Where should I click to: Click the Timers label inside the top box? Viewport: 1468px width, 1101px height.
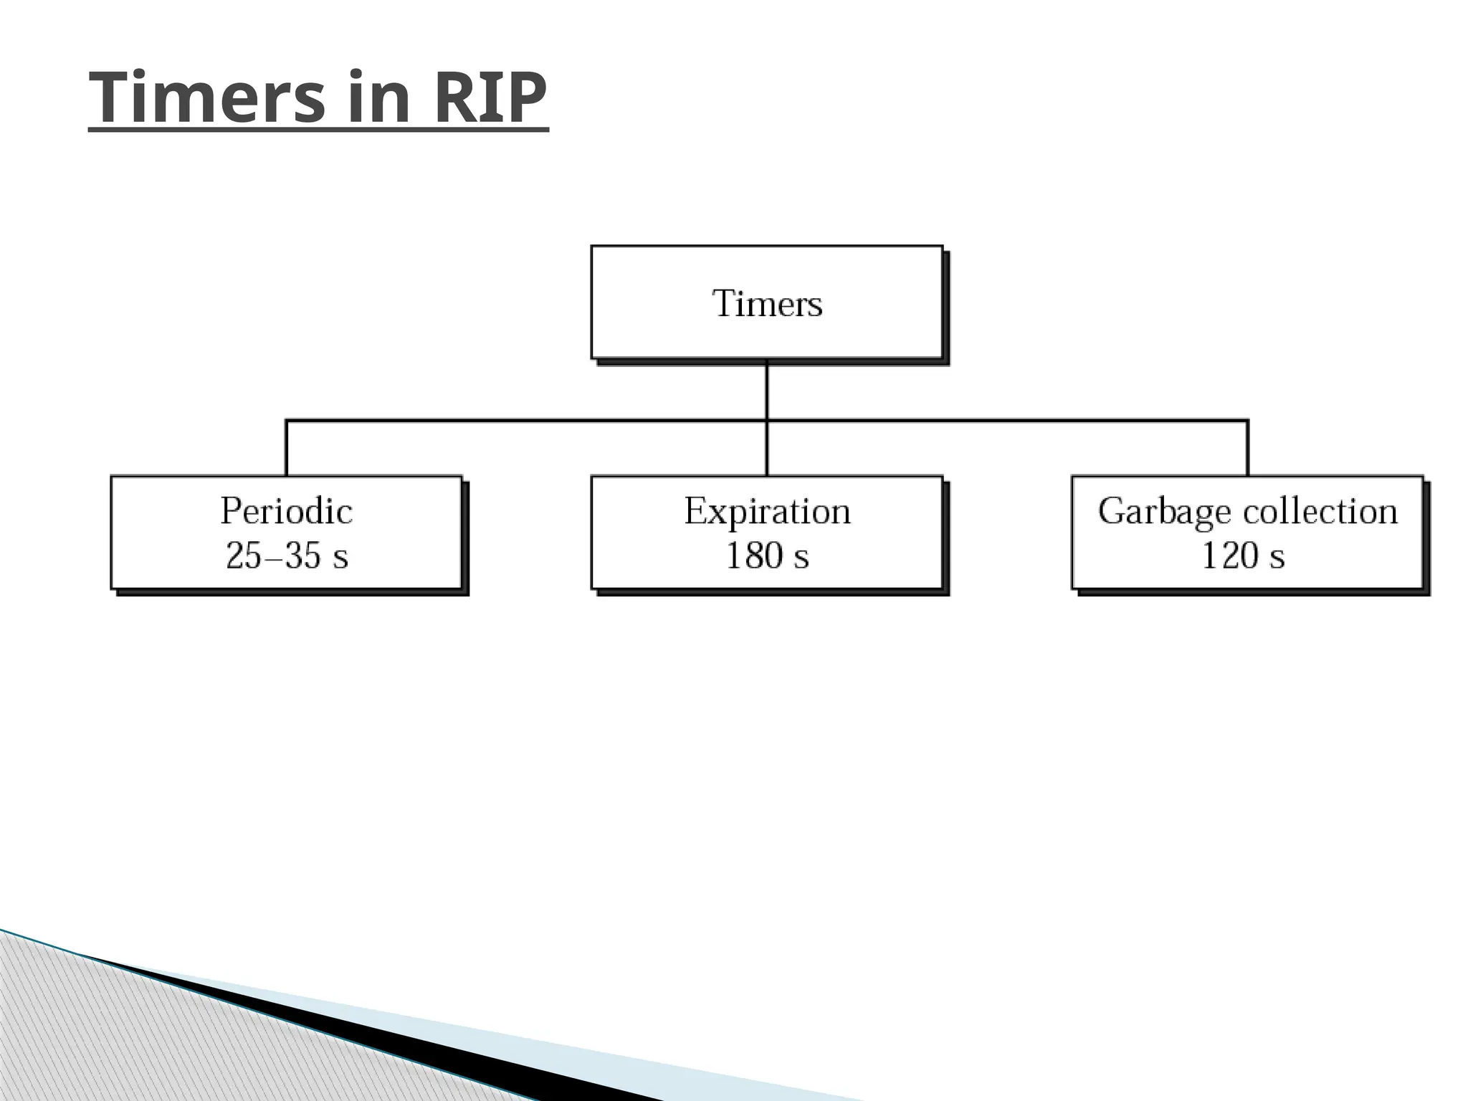[x=767, y=303]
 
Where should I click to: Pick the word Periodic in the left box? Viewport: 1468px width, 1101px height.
[x=286, y=511]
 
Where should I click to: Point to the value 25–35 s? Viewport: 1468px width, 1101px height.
[x=287, y=556]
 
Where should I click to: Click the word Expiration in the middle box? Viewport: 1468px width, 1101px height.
[x=767, y=511]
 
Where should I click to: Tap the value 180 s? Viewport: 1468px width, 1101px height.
[x=767, y=556]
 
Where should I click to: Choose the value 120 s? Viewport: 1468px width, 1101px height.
[x=1243, y=556]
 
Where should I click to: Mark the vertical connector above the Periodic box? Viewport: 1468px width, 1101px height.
[x=286, y=448]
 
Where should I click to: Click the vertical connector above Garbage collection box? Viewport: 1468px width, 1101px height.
[x=1247, y=448]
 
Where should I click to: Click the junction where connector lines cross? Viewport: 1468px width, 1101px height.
[x=767, y=420]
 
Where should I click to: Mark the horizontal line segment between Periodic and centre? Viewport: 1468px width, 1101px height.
[x=527, y=420]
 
